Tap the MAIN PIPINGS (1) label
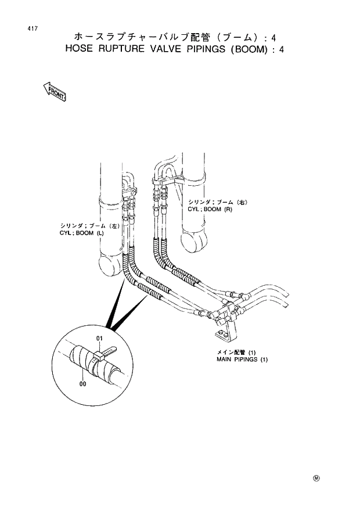pos(239,359)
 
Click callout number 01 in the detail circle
pos(99,339)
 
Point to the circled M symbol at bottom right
pos(316,479)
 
